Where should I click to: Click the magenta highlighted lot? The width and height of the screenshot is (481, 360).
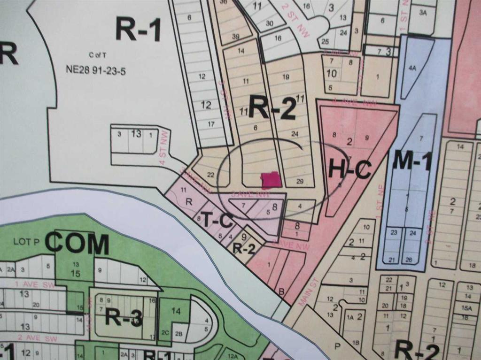[270, 180]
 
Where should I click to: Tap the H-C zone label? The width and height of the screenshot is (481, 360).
[349, 169]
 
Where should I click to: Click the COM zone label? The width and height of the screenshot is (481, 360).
[77, 245]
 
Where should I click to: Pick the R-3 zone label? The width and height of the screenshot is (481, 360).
[123, 318]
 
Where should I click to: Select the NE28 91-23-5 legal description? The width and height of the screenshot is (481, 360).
[96, 71]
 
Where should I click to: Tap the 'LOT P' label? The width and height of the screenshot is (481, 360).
[25, 242]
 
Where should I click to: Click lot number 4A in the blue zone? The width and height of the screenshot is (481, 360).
[412, 69]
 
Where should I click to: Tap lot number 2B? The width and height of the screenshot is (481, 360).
[178, 334]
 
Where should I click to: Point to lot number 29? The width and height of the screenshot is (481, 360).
[300, 181]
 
